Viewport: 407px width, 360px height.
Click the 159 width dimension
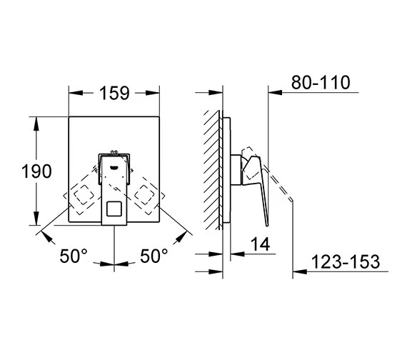click(114, 93)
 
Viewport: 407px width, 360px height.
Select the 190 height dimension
click(36, 171)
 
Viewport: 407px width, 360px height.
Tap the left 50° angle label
click(74, 256)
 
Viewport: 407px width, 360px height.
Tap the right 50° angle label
click(154, 256)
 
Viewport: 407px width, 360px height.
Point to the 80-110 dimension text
click(321, 83)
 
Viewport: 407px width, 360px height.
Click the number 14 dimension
click(260, 244)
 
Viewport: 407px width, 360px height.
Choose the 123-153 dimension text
click(346, 261)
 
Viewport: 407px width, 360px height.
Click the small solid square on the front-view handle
click(114, 209)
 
